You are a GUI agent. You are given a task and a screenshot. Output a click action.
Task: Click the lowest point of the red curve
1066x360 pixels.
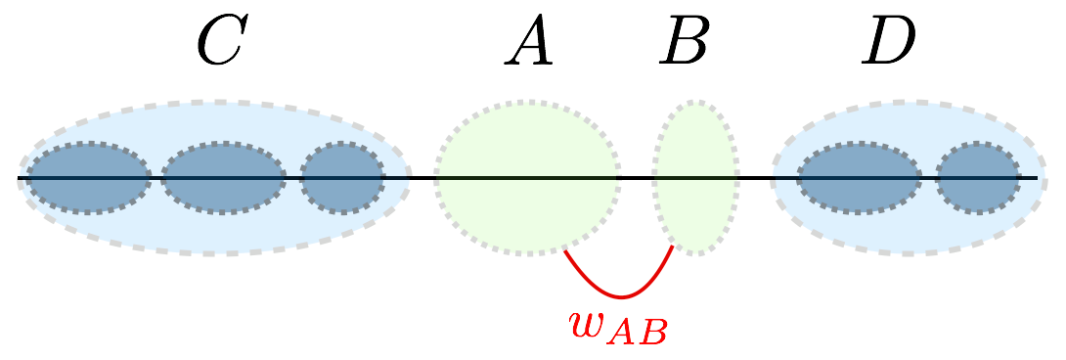click(619, 296)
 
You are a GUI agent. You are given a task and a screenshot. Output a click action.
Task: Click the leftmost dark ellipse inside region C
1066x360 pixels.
click(88, 178)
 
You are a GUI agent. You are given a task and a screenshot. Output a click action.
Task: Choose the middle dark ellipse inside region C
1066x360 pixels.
click(224, 178)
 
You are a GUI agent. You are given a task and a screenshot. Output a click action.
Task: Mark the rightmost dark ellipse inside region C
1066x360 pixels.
click(342, 178)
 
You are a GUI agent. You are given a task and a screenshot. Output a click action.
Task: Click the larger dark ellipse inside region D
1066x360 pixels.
click(859, 178)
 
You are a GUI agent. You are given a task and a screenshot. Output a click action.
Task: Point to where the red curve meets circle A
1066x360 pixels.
click(565, 250)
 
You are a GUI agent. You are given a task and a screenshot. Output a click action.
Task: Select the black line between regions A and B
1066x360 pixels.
click(637, 178)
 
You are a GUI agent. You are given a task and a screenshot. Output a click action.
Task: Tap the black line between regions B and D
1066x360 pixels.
click(756, 178)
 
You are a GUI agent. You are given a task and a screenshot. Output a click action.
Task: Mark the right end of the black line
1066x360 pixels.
click(1036, 178)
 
